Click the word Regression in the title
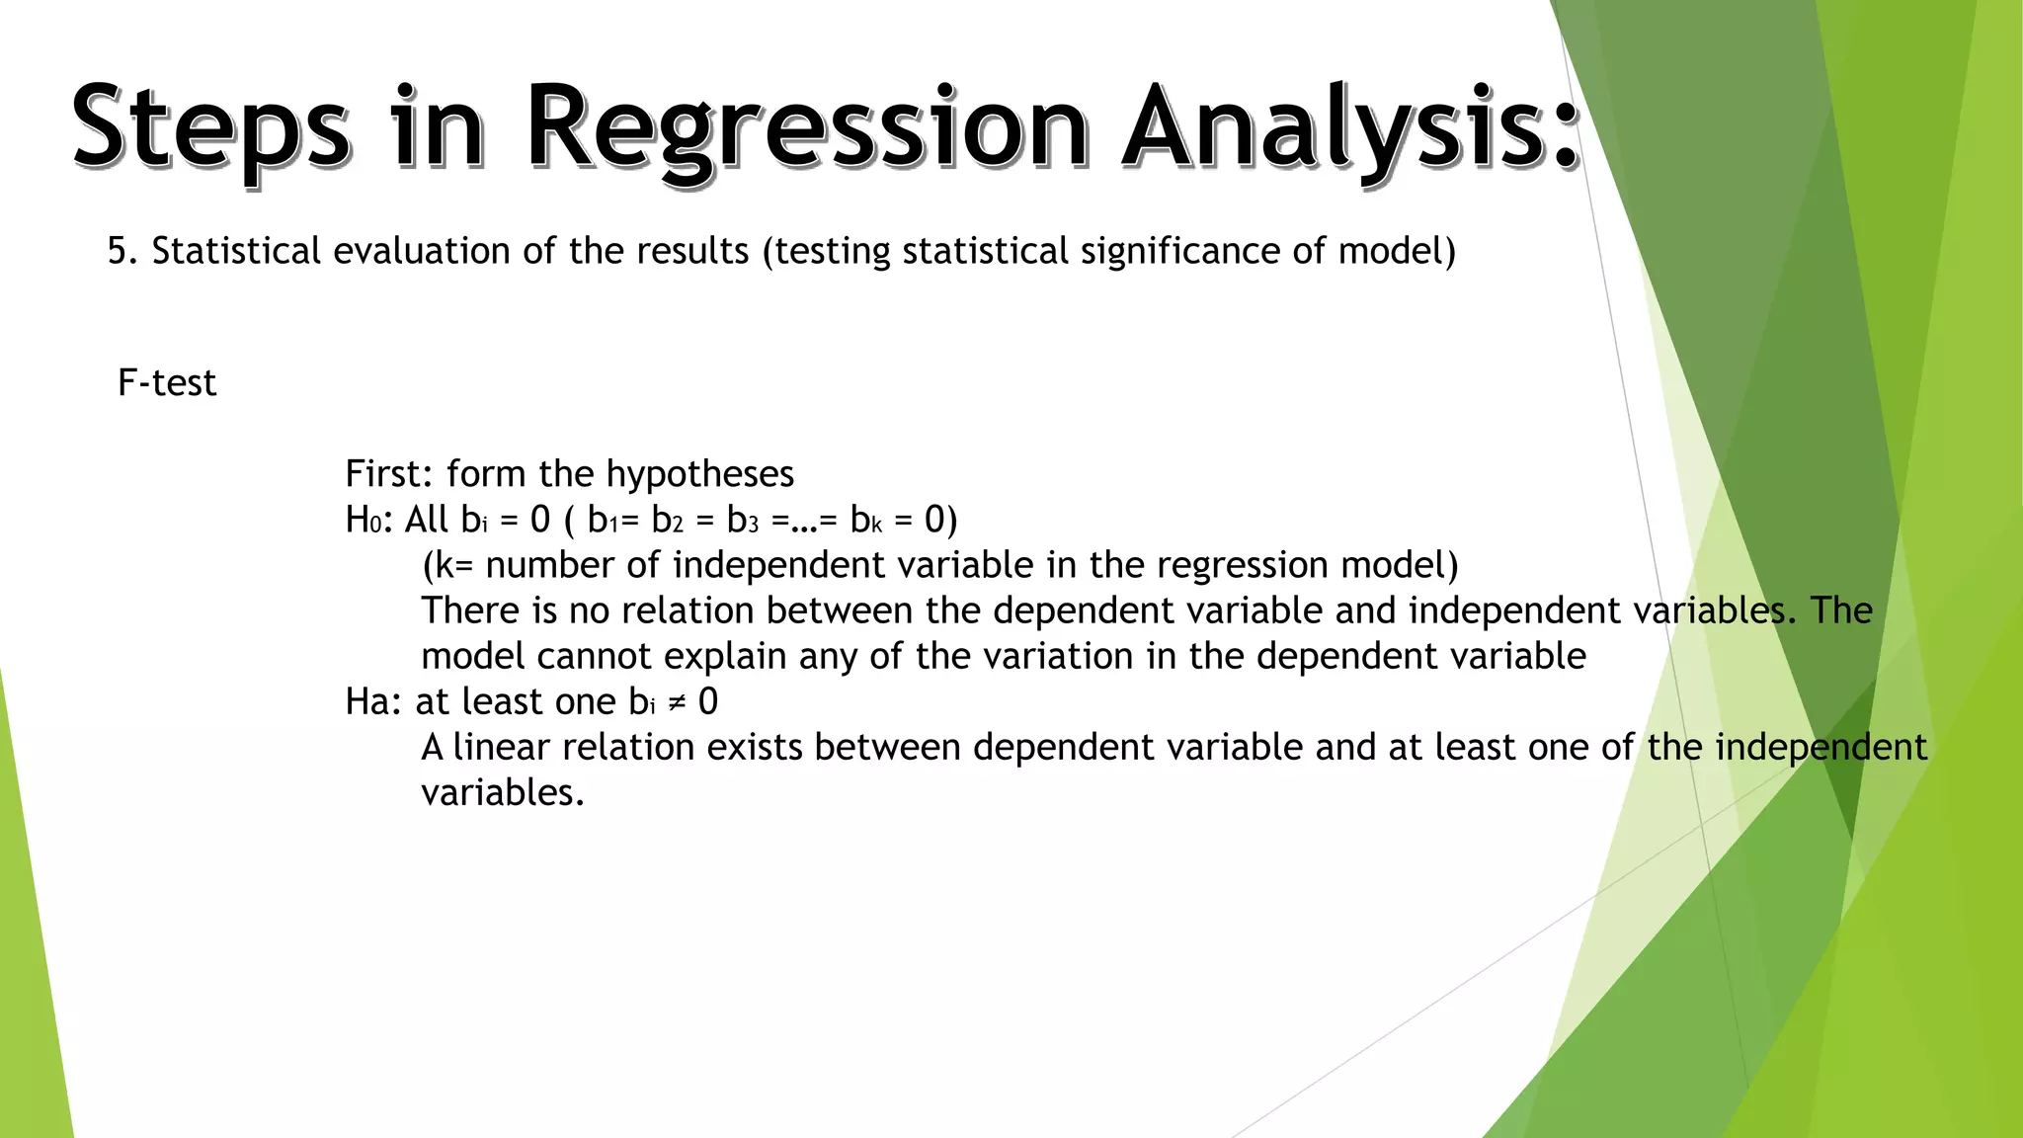click(x=805, y=128)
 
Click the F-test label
click(x=166, y=383)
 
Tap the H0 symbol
click(x=363, y=520)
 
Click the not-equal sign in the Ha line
click(x=677, y=702)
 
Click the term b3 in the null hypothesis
click(x=742, y=520)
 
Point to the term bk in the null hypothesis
click(x=865, y=520)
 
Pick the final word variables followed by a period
click(x=502, y=792)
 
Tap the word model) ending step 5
click(x=1397, y=251)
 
